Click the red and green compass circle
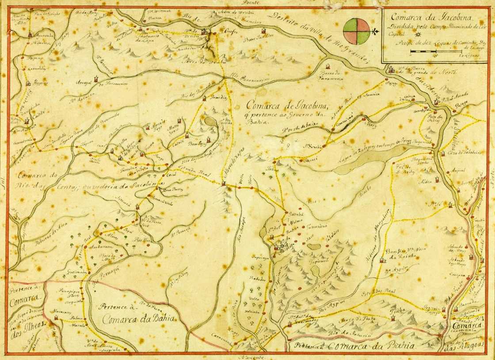click(x=356, y=31)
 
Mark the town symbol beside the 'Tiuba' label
click(x=392, y=317)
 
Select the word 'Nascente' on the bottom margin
click(x=252, y=356)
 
